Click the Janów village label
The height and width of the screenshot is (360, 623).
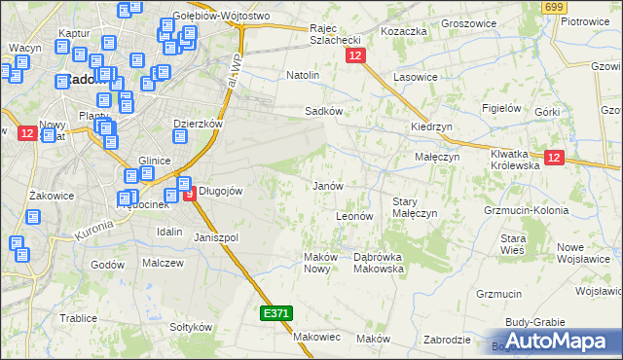click(x=327, y=186)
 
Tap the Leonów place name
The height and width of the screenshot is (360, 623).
click(x=354, y=216)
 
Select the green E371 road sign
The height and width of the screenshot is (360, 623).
click(x=275, y=314)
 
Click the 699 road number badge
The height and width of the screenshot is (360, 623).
click(x=554, y=8)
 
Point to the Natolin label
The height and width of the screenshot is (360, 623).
click(x=303, y=75)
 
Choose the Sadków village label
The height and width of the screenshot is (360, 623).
click(x=323, y=112)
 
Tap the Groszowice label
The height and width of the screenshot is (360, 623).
click(x=470, y=21)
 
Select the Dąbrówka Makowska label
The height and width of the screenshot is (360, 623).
click(x=371, y=262)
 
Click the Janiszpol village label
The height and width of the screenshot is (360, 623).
click(x=216, y=237)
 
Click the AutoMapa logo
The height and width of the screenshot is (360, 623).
click(x=556, y=342)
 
